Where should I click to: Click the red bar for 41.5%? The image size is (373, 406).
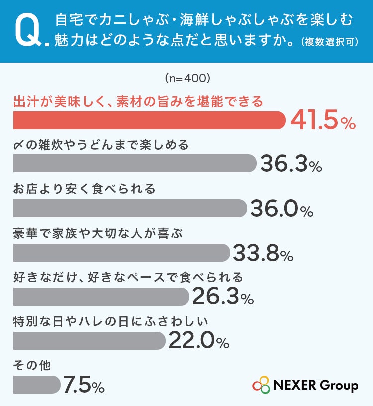coord(150,120)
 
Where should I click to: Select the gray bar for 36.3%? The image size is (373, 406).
coord(135,163)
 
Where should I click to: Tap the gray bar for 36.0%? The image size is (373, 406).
coord(130,208)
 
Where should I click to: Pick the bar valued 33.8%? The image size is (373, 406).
coord(122,253)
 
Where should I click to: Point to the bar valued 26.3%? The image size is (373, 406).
coord(101,297)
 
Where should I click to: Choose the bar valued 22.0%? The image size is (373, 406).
coord(90,341)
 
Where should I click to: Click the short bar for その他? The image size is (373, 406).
coord(37,385)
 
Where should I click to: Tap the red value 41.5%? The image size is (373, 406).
coord(323,120)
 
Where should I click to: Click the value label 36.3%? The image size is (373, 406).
coord(291,163)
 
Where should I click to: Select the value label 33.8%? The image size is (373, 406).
coord(264,253)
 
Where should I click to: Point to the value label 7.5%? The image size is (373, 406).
coord(84,385)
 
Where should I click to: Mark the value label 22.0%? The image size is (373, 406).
coord(199,341)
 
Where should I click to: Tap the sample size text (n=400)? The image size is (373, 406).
coord(187,78)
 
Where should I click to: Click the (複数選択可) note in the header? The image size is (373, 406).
coord(330,42)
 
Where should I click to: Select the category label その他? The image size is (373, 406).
coord(32,365)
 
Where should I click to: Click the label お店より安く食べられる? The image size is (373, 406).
coord(84,189)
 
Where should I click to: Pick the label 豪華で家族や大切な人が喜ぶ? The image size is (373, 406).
coord(98,233)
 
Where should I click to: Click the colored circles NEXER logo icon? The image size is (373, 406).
coord(261,385)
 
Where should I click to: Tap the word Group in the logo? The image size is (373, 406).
coord(339,385)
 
